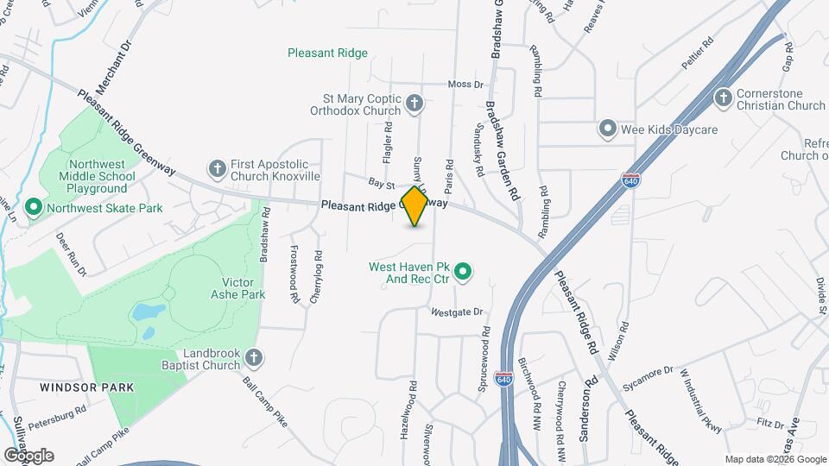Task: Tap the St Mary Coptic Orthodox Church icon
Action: click(414, 104)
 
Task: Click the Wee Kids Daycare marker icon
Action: click(607, 129)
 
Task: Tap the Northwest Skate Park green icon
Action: click(34, 207)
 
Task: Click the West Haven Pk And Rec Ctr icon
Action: click(462, 274)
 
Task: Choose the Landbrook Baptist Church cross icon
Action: click(253, 357)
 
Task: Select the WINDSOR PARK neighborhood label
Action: click(86, 387)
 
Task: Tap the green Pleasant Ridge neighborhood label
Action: click(327, 54)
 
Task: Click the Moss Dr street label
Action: click(466, 85)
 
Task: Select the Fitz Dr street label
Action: click(767, 424)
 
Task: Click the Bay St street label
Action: click(381, 184)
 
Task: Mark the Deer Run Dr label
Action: click(72, 253)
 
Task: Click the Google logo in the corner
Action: click(28, 455)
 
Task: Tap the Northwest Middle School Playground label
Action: click(98, 176)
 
